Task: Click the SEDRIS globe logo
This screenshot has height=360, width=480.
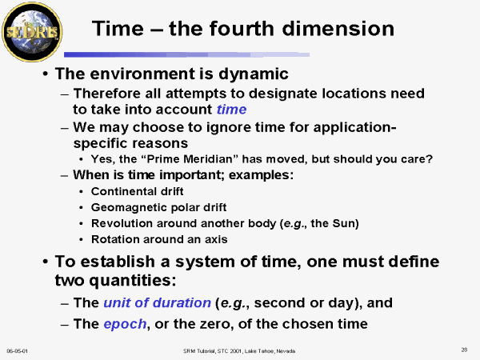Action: pos(32,32)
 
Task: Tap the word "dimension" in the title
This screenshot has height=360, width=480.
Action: pos(338,29)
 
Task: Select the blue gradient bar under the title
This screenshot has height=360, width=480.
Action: pos(186,54)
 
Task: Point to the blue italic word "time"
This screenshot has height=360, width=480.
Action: pos(231,110)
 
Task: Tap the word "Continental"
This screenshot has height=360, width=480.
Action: pos(126,191)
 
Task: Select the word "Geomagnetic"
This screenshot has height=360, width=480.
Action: pos(129,207)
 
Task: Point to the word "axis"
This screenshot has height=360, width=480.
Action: pos(216,239)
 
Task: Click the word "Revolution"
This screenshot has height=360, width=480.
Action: pos(122,223)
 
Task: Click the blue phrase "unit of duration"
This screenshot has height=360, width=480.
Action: pos(158,302)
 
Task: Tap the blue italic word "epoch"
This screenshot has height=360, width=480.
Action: pos(125,324)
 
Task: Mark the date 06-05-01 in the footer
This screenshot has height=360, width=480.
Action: pos(17,351)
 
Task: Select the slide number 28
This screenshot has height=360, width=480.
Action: pos(464,350)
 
